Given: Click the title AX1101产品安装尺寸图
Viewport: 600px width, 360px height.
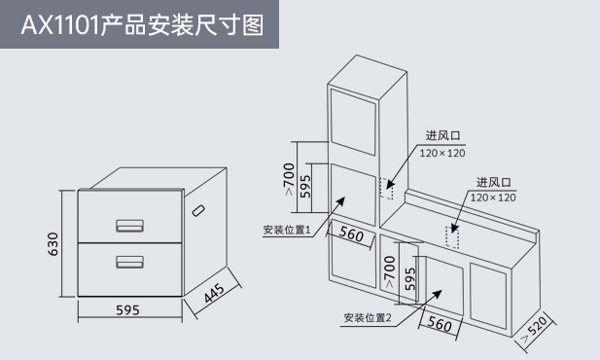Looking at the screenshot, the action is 142,25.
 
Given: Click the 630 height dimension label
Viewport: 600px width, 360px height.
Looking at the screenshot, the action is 53,244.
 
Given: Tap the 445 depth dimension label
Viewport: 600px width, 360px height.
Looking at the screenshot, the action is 214,293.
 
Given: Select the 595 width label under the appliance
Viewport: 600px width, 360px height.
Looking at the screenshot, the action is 127,309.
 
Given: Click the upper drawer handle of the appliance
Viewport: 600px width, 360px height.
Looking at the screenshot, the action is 130,226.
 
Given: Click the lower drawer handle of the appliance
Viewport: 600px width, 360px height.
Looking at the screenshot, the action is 130,262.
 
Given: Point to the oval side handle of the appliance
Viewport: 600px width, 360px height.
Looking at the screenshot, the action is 198,210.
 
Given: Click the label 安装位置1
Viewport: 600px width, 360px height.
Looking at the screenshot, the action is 287,230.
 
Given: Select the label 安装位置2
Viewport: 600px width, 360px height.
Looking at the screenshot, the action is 368,318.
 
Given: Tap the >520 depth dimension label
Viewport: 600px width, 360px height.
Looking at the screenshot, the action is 534,329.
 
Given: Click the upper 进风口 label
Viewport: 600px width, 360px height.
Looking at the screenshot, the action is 443,135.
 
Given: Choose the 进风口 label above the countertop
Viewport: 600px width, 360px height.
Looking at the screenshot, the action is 494,182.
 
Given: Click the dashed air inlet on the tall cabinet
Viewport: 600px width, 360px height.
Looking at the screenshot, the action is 386,189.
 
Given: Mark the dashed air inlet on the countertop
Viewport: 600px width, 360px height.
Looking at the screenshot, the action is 452,237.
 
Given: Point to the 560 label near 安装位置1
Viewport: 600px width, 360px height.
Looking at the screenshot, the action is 351,234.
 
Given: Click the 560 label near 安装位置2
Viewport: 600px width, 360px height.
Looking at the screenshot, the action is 440,324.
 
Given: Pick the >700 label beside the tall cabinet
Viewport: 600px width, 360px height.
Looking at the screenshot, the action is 289,179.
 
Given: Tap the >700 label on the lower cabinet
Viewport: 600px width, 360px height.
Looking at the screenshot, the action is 389,271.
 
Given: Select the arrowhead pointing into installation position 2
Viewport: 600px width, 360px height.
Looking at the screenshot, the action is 437,295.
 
